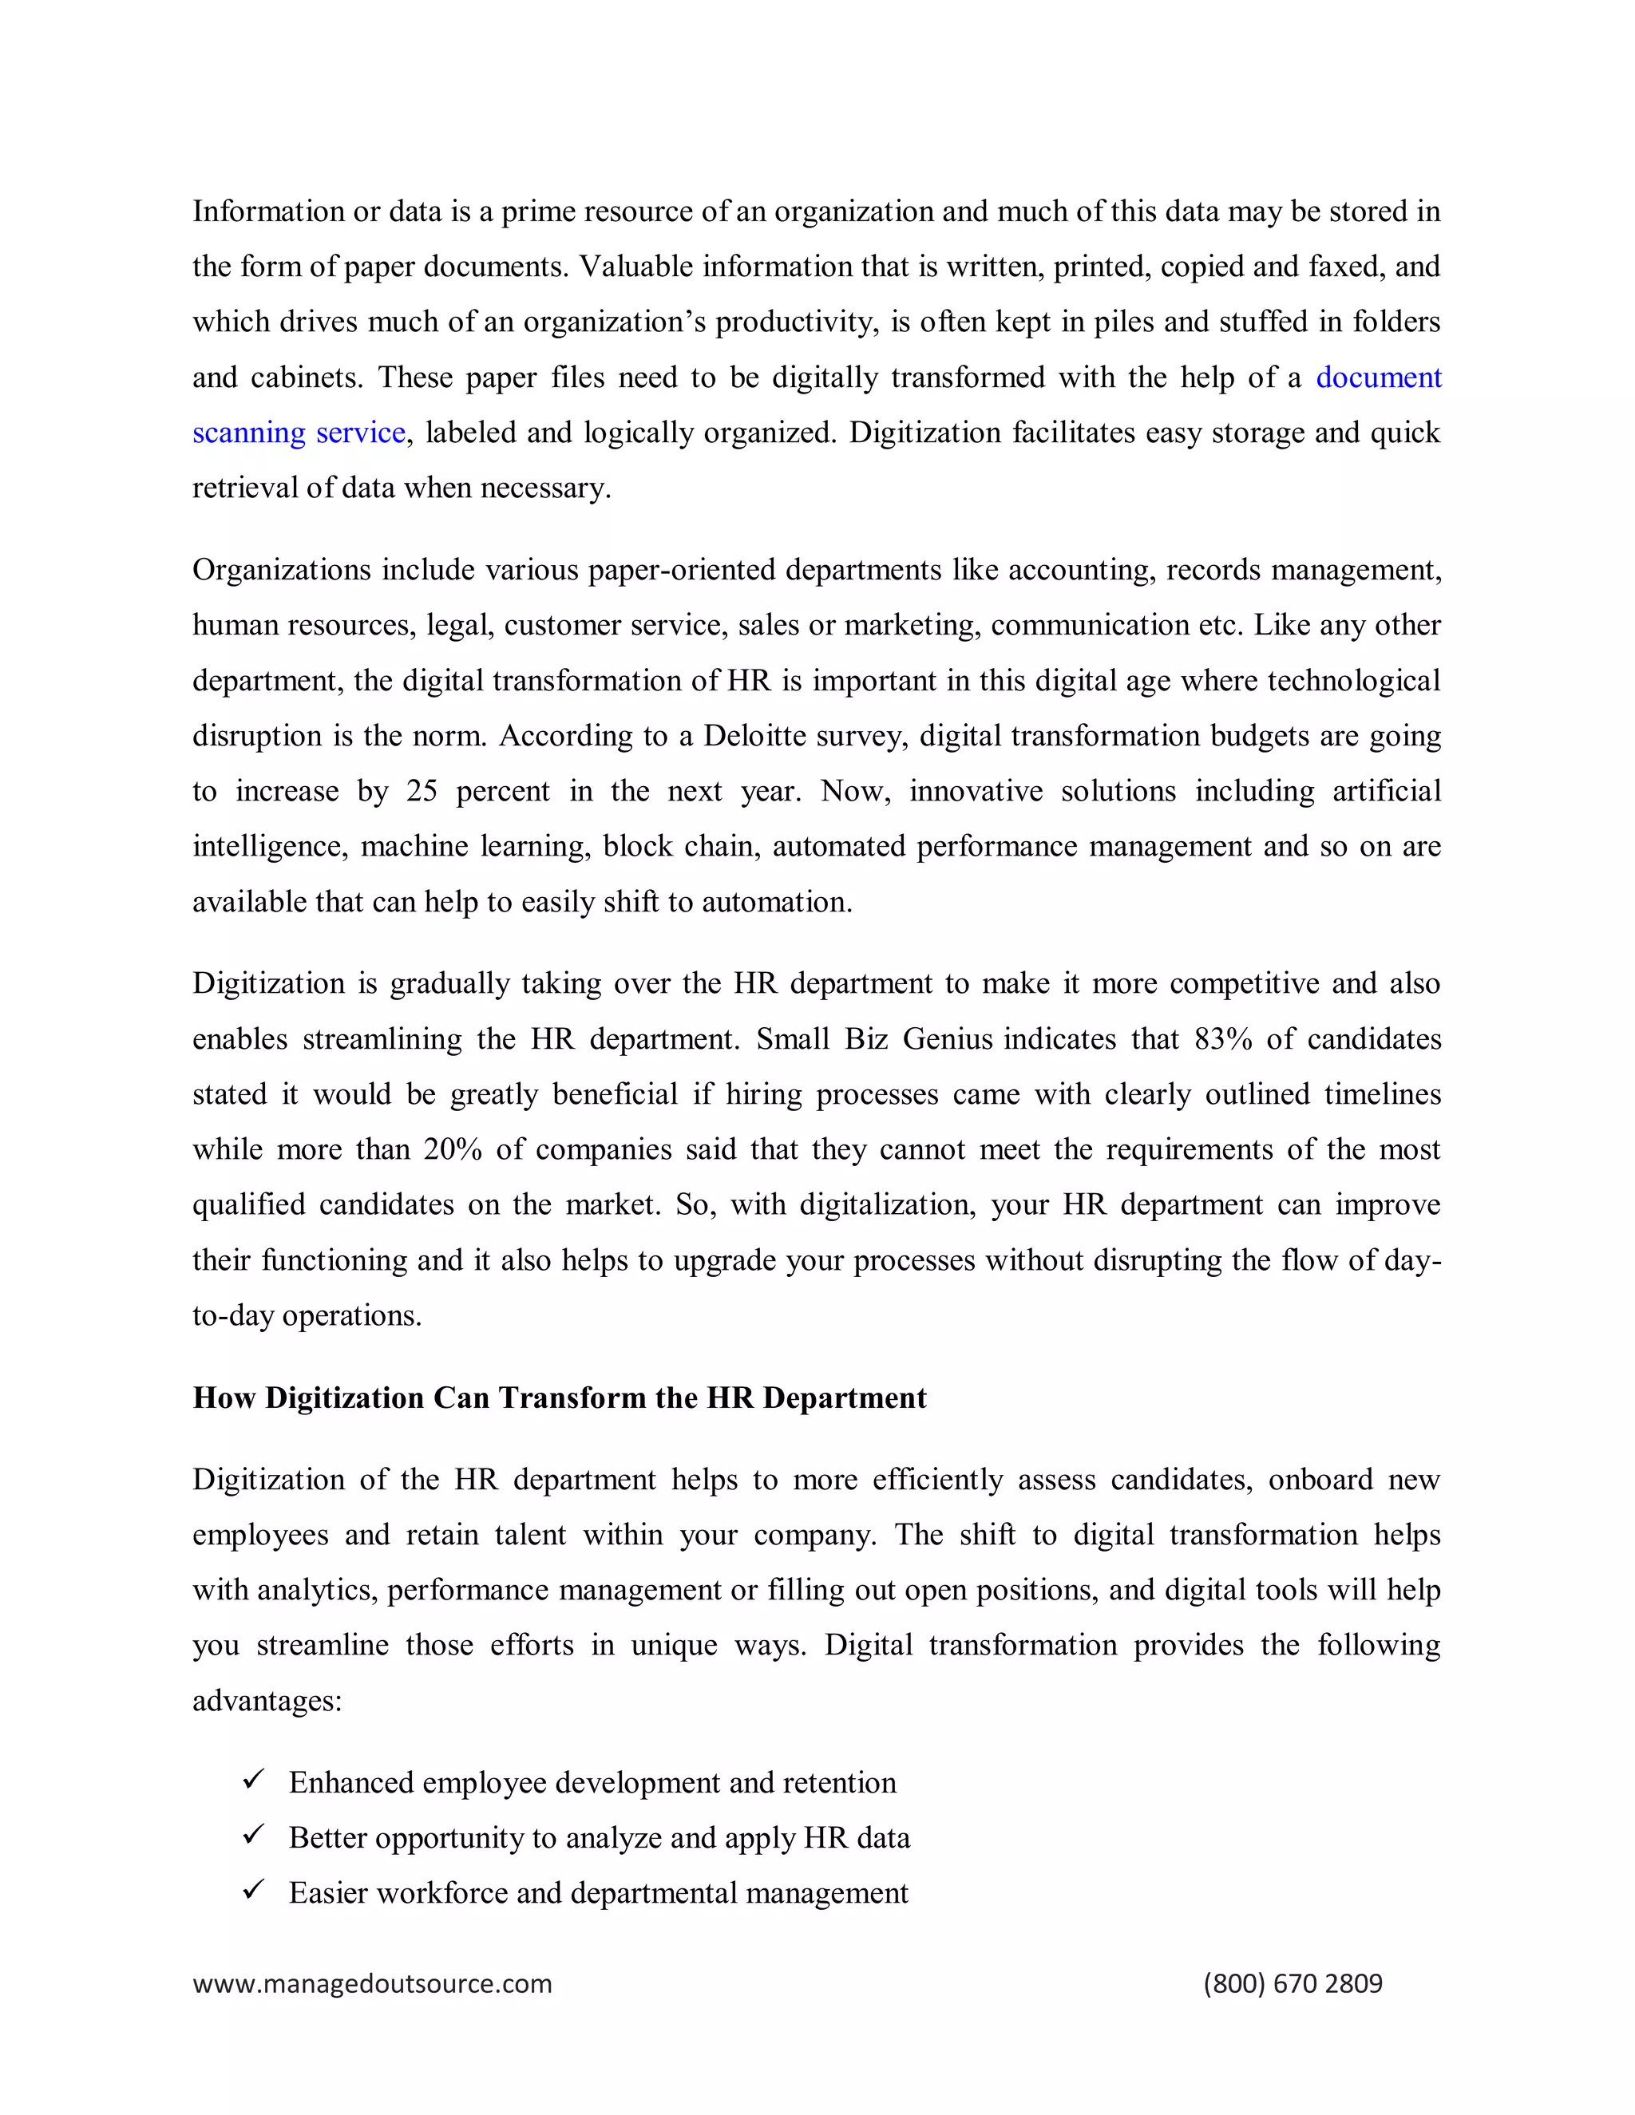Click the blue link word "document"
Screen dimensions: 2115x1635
click(1377, 378)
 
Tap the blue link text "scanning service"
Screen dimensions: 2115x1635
click(299, 433)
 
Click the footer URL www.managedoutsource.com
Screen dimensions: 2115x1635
click(372, 1983)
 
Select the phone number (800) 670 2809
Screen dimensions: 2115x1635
click(1293, 1983)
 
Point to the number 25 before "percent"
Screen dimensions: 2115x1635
click(422, 791)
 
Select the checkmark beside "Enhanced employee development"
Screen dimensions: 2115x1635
click(254, 1780)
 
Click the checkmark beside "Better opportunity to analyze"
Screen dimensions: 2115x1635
click(254, 1835)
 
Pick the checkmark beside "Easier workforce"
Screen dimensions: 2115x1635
click(254, 1890)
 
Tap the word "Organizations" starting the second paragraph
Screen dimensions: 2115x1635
click(281, 571)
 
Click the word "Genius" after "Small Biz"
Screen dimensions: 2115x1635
click(948, 1039)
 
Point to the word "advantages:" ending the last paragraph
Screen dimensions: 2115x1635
click(267, 1701)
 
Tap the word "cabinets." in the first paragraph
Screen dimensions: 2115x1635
click(307, 378)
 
